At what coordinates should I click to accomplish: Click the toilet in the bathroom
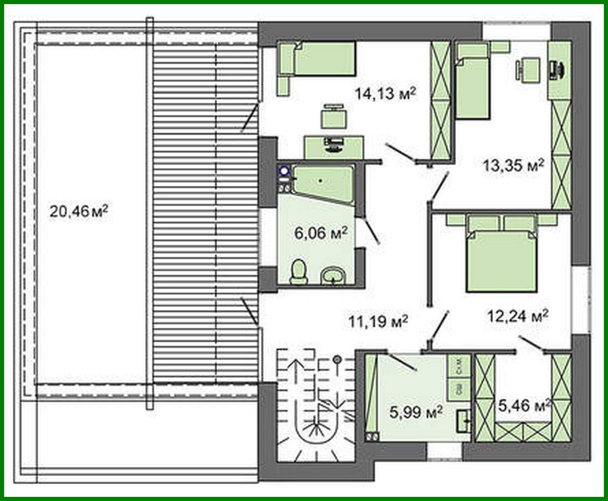click(x=299, y=272)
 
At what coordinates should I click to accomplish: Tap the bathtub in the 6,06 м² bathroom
click(x=323, y=181)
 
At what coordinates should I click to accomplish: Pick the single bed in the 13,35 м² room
click(x=473, y=87)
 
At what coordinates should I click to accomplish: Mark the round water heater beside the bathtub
click(x=284, y=172)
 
